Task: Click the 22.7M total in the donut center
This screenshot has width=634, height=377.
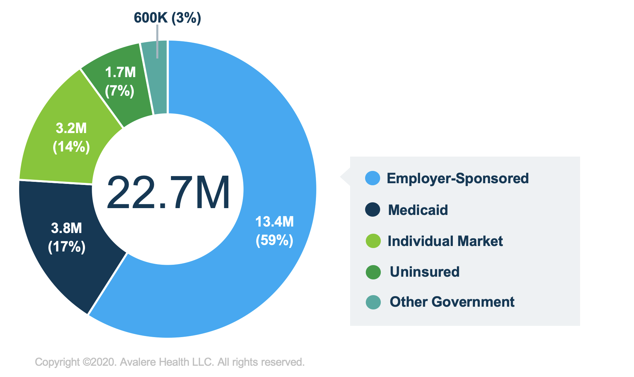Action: (x=168, y=193)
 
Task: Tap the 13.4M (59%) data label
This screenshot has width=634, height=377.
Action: (x=274, y=231)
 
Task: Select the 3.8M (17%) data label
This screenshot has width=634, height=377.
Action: (x=67, y=237)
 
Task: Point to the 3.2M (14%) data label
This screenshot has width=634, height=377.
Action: (x=71, y=137)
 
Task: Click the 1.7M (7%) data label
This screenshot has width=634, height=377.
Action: (x=120, y=82)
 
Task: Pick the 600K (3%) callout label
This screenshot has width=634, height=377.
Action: (x=167, y=18)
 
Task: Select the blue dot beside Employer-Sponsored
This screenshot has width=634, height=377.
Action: (x=373, y=178)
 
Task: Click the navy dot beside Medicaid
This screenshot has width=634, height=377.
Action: (x=373, y=209)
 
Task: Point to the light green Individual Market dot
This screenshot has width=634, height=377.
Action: (x=373, y=241)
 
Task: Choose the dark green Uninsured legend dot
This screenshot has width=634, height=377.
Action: (x=373, y=272)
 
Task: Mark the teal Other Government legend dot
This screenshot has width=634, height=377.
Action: (x=373, y=302)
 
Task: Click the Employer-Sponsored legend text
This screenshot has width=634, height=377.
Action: (x=458, y=178)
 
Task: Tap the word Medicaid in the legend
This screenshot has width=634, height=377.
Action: (x=418, y=210)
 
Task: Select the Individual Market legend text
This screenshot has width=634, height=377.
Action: (x=445, y=241)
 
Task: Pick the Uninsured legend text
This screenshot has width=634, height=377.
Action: (x=424, y=272)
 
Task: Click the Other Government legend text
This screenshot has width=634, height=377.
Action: (x=452, y=302)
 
